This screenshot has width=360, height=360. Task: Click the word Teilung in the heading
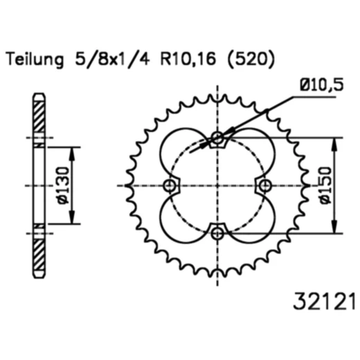point(35,60)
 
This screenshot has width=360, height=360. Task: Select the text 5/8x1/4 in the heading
point(112,59)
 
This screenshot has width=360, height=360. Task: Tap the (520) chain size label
point(251,59)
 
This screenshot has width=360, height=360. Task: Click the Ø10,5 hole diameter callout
point(322,84)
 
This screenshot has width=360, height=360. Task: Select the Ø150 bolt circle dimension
point(326,186)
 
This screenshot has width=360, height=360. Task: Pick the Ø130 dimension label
point(63,186)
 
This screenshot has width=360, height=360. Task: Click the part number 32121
point(324,302)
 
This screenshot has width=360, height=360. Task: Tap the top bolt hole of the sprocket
point(217,138)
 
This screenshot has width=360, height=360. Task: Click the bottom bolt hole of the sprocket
point(217,233)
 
